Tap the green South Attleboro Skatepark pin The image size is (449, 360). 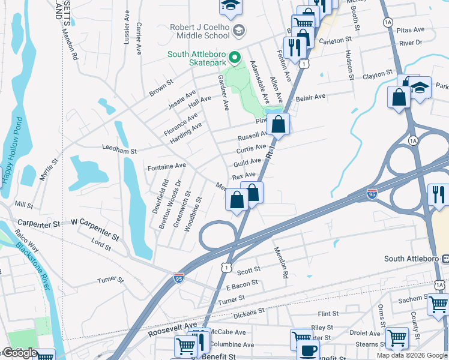click(x=235, y=58)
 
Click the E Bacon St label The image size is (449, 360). click(x=238, y=283)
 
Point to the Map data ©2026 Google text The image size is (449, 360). click(x=411, y=355)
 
